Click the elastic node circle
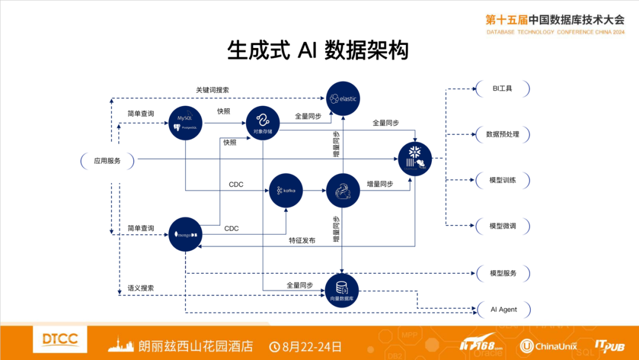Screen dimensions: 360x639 [x=343, y=98]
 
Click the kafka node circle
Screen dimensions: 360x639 [x=286, y=190]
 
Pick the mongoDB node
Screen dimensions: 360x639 [x=186, y=234]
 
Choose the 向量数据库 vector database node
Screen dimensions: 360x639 [x=342, y=291]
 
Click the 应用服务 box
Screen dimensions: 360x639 [x=107, y=160]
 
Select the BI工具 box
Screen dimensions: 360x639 [x=502, y=89]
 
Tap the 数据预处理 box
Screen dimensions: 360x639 [x=502, y=134]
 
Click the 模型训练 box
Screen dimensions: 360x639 [x=502, y=180]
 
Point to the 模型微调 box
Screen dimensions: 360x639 [x=502, y=226]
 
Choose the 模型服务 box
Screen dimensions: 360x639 [x=503, y=274]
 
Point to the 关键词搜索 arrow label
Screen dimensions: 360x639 [x=212, y=90]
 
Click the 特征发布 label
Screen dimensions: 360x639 [x=302, y=240]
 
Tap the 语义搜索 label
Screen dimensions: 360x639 [x=141, y=288]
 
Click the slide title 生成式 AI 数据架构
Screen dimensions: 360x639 [x=318, y=51]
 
